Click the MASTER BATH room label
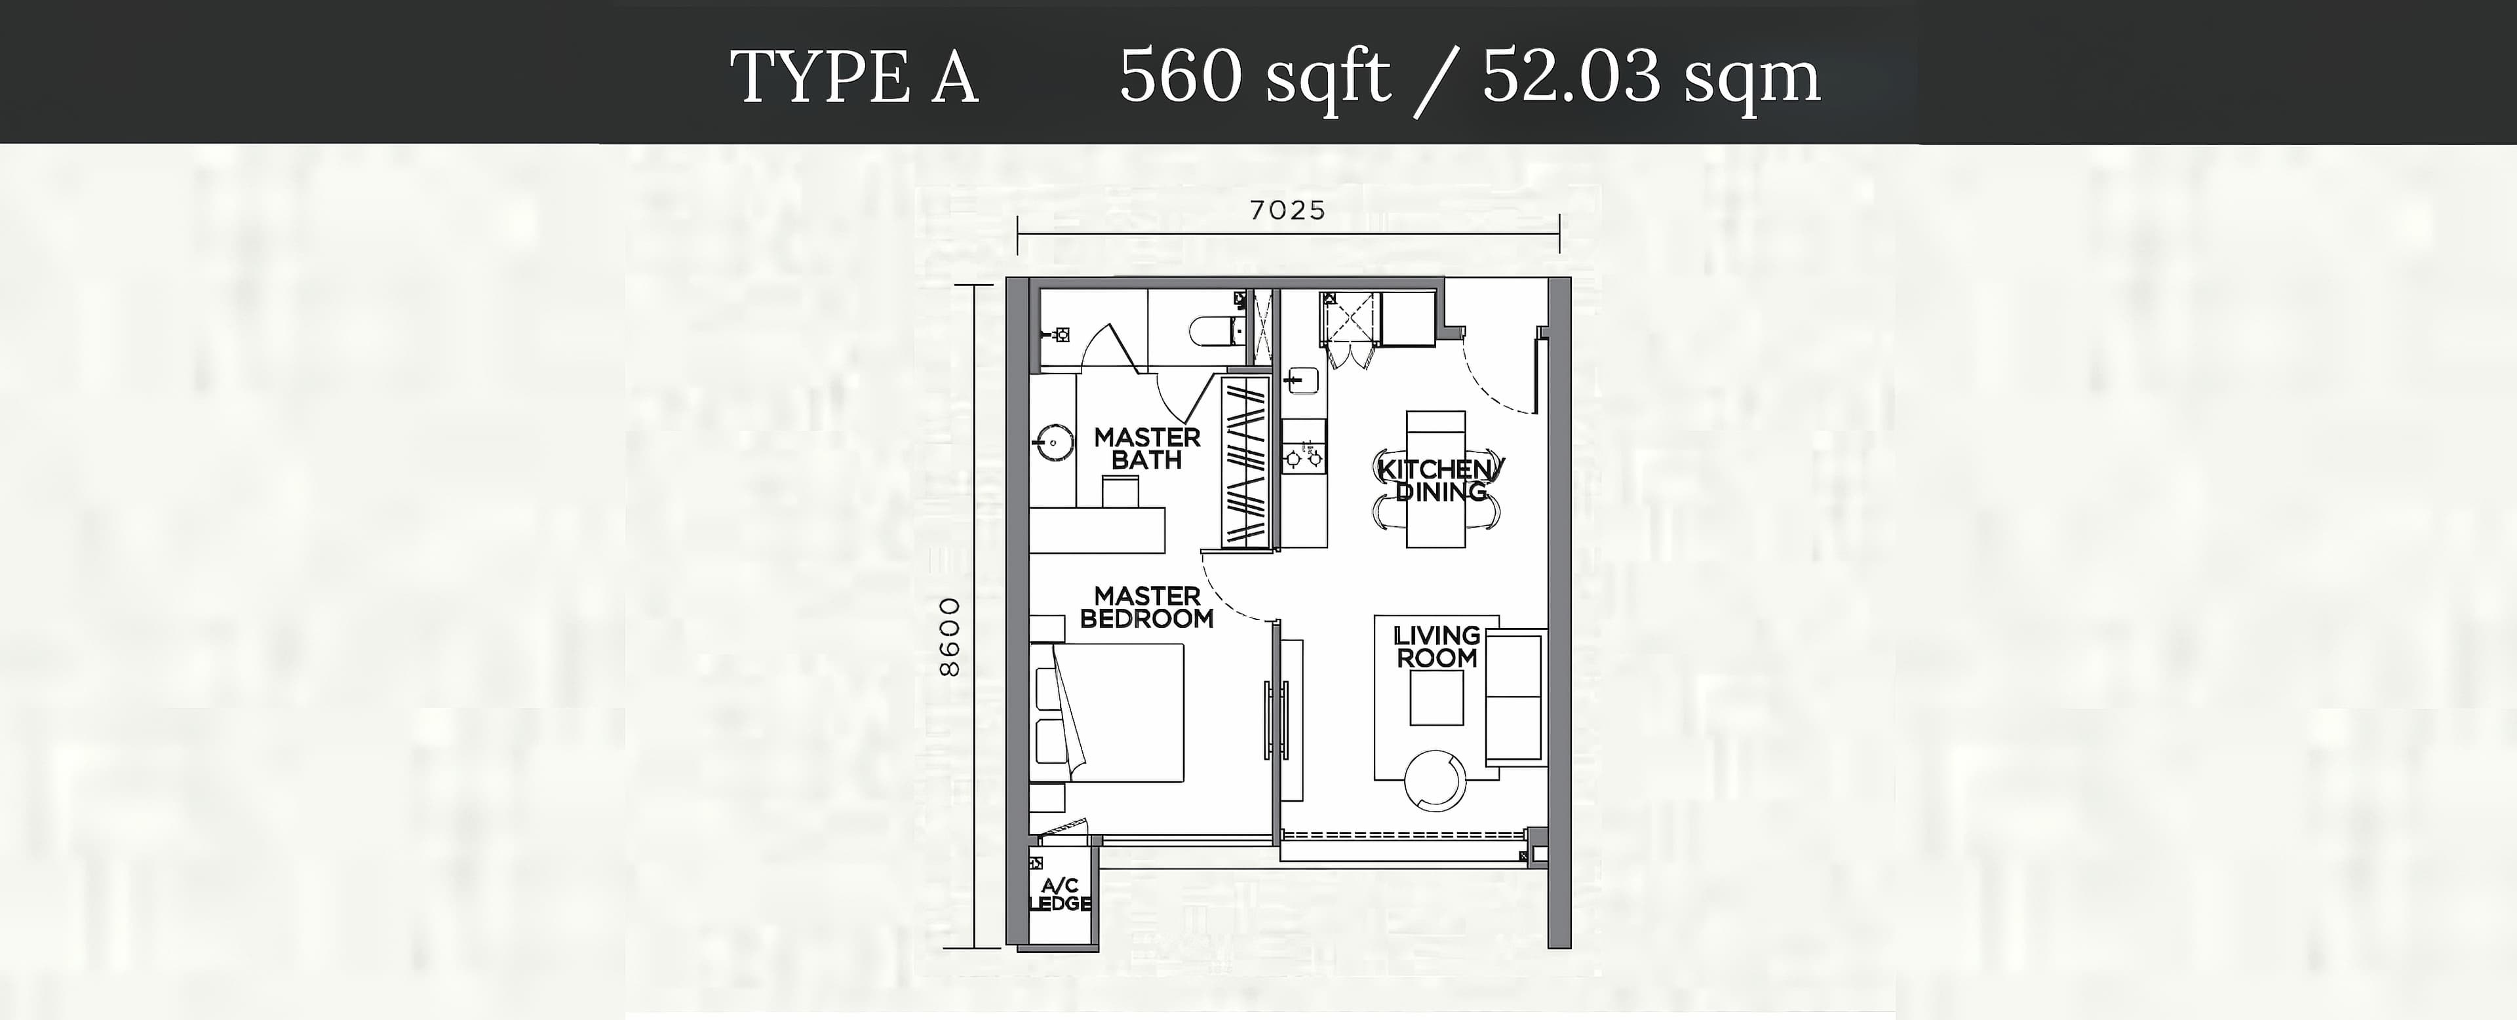1147,448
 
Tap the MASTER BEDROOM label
1147,607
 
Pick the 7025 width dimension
1288,210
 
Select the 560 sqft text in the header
1255,76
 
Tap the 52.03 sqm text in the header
1651,76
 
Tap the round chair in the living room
1435,779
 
